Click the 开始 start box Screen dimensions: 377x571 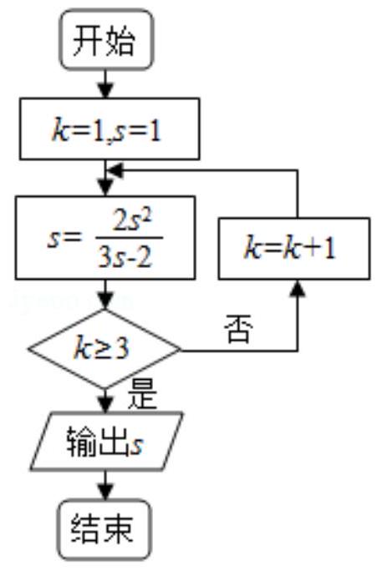(x=106, y=39)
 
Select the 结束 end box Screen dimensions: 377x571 (x=104, y=529)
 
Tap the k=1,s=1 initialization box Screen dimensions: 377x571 (x=110, y=129)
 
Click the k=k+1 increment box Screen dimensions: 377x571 (x=294, y=249)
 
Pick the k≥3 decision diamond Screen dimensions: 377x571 (x=104, y=349)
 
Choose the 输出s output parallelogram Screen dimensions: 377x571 (x=106, y=441)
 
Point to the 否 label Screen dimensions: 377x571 (x=238, y=329)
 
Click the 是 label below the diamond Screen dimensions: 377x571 (x=142, y=395)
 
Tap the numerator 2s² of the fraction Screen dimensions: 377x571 (x=131, y=221)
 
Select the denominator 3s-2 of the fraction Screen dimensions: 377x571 (x=125, y=258)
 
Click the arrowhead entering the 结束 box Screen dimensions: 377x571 (x=105, y=493)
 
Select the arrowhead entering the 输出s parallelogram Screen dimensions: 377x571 (x=105, y=405)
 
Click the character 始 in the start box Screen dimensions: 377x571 (x=121, y=40)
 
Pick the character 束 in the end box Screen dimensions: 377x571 (x=118, y=529)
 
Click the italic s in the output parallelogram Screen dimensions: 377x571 (x=137, y=446)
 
